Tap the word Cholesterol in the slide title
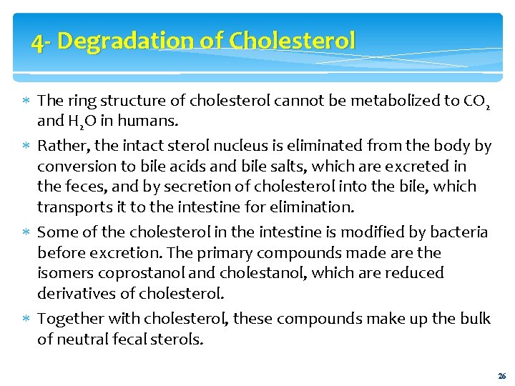tap(292, 41)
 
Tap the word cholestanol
tap(260, 272)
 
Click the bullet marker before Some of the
tap(26, 233)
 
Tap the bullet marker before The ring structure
tap(26, 102)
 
